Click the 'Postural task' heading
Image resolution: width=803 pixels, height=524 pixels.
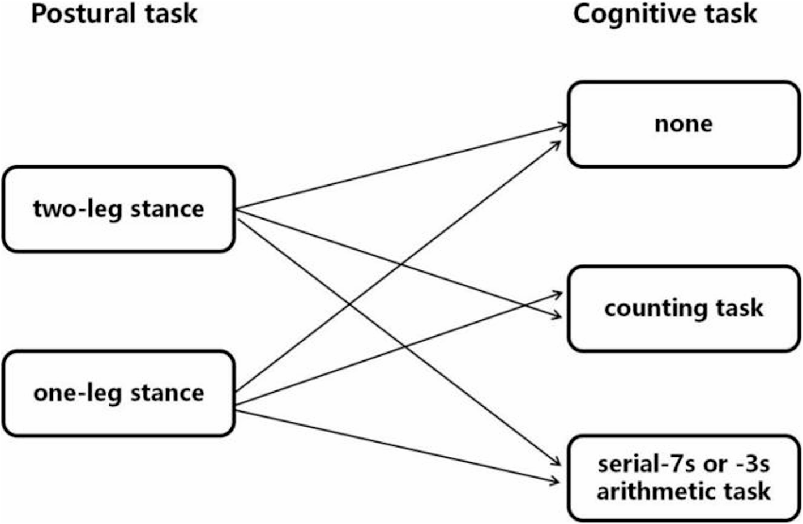tap(114, 14)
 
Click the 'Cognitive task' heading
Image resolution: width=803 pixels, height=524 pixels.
tap(664, 14)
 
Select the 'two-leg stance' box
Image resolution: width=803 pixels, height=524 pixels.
tap(118, 209)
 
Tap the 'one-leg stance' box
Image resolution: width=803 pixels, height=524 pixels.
tap(118, 393)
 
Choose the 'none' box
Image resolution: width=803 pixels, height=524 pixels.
tap(684, 124)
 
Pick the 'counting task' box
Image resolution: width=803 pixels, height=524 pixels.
tap(684, 308)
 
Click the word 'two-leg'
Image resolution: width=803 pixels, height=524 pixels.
tap(76, 209)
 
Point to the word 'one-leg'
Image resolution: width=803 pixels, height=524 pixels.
tap(77, 393)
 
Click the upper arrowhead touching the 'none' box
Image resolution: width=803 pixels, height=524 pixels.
tap(564, 126)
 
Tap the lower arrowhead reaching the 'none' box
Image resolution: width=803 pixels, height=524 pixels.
tap(557, 145)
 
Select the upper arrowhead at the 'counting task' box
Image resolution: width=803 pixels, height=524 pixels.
tap(559, 294)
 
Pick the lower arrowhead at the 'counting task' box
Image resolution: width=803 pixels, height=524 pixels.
tap(558, 316)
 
